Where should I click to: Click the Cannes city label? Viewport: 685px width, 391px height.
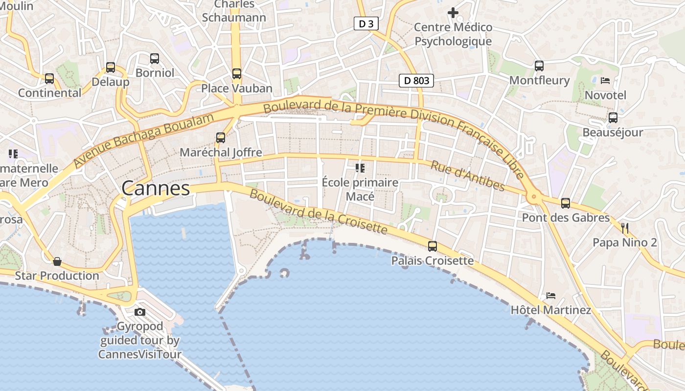coord(156,188)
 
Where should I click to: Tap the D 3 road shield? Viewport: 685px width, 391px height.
coord(366,23)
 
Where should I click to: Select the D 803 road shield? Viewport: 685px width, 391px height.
coord(416,81)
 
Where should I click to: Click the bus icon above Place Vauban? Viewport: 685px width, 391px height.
coord(237,74)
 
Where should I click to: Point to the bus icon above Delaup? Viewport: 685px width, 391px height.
coord(111,67)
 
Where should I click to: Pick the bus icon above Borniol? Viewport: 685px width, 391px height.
coord(155,59)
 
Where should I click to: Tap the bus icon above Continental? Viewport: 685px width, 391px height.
coord(49,78)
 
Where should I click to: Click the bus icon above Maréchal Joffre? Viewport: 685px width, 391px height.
coord(221,138)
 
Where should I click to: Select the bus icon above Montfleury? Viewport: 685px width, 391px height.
coord(539,65)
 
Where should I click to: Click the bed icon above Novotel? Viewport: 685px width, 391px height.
coord(605,80)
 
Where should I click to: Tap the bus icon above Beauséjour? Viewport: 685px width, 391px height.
coord(613,118)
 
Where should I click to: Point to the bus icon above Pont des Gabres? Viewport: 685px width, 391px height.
coord(566,203)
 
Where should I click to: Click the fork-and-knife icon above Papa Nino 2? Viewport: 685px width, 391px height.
coord(624,228)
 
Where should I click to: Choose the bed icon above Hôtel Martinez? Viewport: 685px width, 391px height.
coord(551,295)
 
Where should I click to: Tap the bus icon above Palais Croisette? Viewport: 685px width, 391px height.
coord(433,246)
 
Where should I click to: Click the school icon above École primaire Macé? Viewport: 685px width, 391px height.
coord(360,168)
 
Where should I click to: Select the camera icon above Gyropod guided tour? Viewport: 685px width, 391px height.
coord(140,312)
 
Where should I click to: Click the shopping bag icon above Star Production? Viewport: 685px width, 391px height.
coord(57,261)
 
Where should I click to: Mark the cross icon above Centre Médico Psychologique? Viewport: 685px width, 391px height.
coord(453,12)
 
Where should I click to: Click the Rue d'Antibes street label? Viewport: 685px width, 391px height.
coord(467,176)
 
